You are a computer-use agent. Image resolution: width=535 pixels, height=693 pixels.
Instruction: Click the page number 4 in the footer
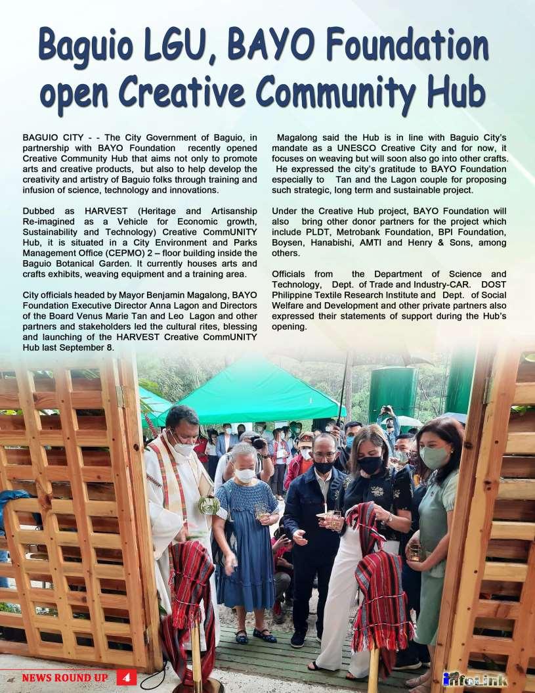coord(127,677)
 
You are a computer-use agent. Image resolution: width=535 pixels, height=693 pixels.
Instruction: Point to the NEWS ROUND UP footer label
coord(64,678)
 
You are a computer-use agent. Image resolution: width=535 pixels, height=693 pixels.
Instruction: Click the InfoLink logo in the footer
coord(475,679)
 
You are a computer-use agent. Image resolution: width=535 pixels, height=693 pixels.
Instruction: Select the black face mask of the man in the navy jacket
coord(324,467)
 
